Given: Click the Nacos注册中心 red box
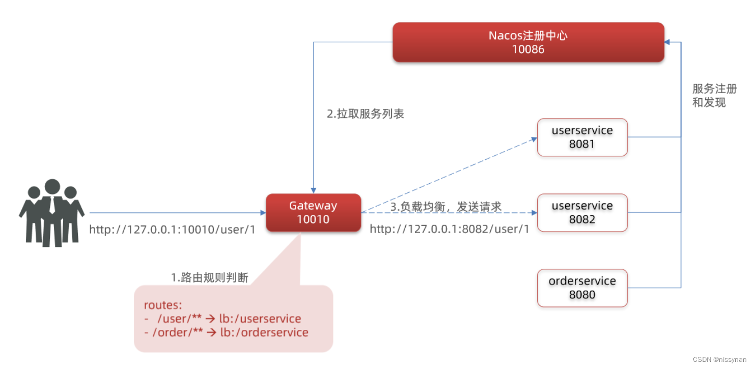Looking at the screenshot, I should (x=528, y=42).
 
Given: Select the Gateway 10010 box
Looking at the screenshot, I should (x=313, y=213).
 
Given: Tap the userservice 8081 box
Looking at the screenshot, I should (x=582, y=137).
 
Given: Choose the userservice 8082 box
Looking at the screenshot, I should (x=582, y=213).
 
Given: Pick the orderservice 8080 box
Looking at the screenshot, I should (x=582, y=288).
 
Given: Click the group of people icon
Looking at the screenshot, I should (x=51, y=212).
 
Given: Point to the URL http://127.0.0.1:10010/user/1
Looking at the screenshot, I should (x=172, y=230).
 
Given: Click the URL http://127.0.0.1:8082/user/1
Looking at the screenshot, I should (x=450, y=229).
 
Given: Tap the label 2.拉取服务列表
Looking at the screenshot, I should (x=365, y=114).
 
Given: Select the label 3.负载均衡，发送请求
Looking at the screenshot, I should (x=446, y=207).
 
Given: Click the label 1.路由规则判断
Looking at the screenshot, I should (x=210, y=278).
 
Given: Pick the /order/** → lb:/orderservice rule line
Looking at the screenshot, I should (x=226, y=333).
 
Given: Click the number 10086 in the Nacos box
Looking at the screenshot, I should (x=528, y=49).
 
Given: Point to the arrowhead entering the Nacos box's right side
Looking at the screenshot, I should (x=668, y=42).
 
